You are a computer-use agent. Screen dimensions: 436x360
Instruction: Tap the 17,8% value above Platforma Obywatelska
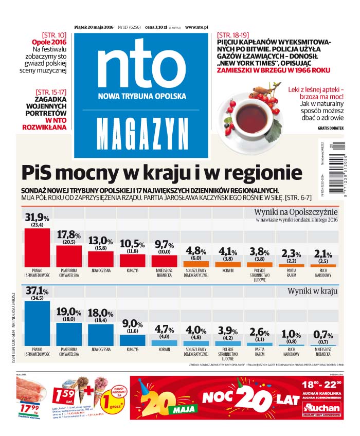tap(69, 235)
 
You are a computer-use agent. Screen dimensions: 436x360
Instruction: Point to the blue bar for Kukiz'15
tap(132, 339)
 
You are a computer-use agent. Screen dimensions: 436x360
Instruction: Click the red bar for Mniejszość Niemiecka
tap(164, 260)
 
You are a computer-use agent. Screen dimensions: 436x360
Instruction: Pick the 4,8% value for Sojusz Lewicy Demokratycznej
tap(196, 251)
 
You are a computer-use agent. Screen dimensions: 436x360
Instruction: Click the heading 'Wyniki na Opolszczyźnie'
tap(296, 211)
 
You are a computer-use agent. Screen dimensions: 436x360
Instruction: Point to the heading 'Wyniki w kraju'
tap(313, 291)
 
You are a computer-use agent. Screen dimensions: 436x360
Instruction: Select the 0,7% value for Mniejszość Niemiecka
tap(323, 335)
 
